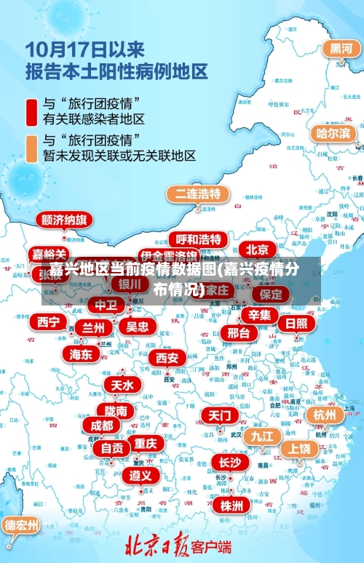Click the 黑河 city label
tap(341, 49)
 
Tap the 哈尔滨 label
tap(333, 133)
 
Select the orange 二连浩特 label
tap(197, 194)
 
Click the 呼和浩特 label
tap(199, 239)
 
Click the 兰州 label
tap(92, 328)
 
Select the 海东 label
tap(81, 354)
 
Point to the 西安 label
tap(167, 358)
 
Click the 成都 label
tap(102, 425)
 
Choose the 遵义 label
tap(141, 475)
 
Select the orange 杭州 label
tap(325, 415)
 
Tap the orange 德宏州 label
tap(21, 524)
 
